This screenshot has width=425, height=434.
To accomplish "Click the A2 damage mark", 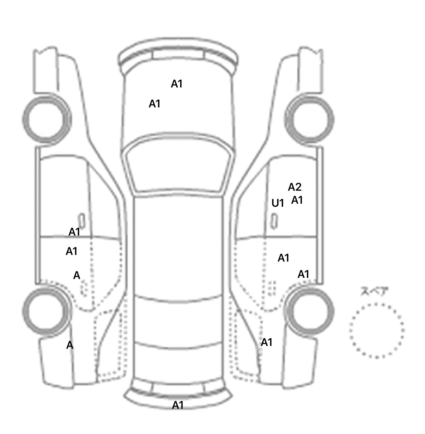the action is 294,187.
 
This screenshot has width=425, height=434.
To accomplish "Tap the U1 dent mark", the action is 278,203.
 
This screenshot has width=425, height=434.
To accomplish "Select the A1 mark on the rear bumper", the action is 178,405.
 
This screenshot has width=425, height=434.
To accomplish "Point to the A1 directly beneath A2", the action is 297,200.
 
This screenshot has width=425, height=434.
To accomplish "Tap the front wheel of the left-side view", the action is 46,119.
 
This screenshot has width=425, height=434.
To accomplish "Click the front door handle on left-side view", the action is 82,221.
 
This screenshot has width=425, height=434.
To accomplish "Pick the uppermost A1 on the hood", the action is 177,84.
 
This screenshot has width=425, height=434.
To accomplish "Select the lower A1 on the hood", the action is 154,104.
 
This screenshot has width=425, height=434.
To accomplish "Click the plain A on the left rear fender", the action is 70,345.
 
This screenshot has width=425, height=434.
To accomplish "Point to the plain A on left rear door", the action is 77,275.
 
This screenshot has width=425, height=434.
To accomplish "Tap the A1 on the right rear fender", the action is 267,342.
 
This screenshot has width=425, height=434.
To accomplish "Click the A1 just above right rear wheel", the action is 303,274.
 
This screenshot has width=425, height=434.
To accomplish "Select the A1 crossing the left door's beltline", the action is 74,232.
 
